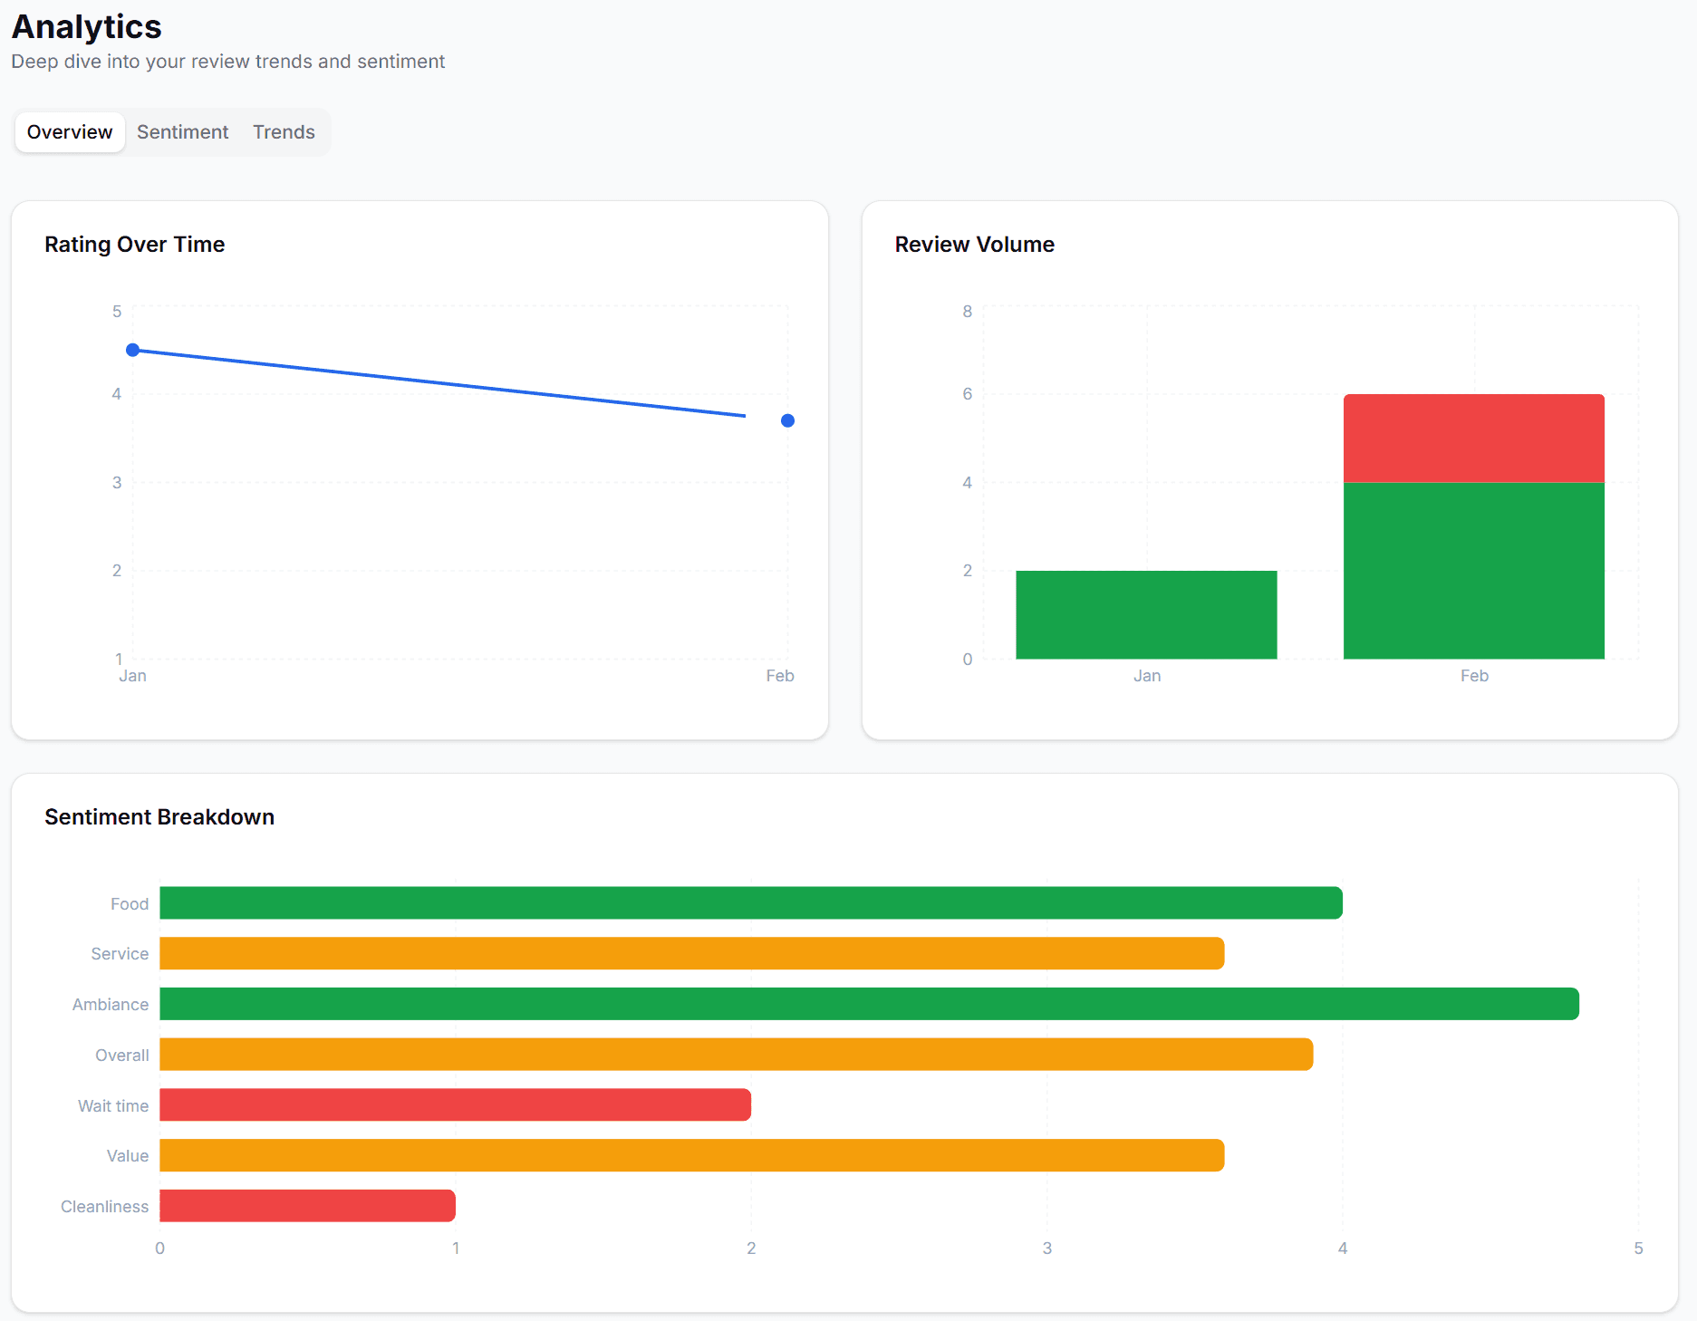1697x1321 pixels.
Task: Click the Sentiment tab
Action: [182, 132]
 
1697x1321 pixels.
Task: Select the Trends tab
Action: [284, 132]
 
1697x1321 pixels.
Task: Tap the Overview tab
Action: [70, 132]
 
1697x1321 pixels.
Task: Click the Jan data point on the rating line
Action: [133, 350]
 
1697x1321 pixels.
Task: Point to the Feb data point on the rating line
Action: [787, 420]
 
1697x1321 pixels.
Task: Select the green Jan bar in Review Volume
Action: [1146, 614]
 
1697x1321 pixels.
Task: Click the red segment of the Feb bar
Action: [1473, 439]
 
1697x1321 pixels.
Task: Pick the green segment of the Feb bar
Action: [1473, 571]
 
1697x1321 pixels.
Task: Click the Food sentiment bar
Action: [750, 903]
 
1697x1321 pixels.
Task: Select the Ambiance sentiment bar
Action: [869, 1004]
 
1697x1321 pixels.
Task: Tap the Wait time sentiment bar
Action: [455, 1105]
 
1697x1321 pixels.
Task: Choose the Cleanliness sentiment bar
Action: [307, 1206]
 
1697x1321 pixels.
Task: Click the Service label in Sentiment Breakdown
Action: [120, 954]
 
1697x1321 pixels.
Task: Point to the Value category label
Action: [128, 1156]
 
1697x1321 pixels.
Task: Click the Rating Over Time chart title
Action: [135, 245]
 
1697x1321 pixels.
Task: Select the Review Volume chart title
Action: [974, 245]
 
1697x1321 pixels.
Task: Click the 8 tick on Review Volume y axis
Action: [967, 312]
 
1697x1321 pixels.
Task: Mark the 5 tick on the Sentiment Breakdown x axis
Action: [1638, 1249]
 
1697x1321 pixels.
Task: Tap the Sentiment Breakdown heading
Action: [159, 817]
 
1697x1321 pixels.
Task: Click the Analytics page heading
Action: [87, 27]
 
